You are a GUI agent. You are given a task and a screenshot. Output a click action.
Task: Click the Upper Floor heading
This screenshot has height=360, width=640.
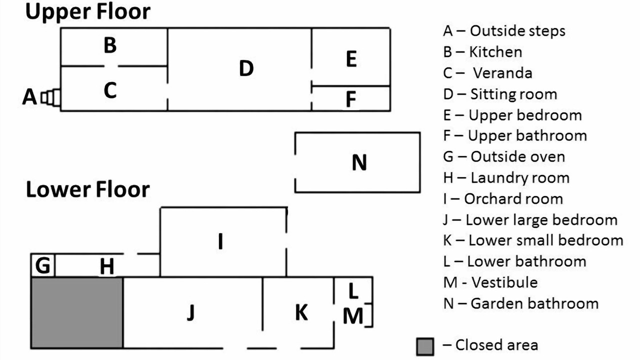click(87, 12)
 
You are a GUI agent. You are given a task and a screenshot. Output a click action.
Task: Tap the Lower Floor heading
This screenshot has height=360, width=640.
click(87, 189)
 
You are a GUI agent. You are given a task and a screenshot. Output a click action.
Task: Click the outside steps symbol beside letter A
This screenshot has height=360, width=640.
click(51, 97)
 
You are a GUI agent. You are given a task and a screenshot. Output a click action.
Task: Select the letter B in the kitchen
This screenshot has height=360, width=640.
click(110, 45)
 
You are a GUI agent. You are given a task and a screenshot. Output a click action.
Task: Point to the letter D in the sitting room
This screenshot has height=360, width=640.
click(246, 68)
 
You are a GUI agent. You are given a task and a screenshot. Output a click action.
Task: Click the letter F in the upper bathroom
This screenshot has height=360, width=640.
click(351, 99)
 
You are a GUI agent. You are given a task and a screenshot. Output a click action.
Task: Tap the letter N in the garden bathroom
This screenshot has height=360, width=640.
click(359, 162)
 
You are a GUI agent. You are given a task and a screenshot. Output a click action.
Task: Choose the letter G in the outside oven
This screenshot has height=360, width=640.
click(43, 265)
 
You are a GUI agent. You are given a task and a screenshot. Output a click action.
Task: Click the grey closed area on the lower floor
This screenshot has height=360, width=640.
click(77, 312)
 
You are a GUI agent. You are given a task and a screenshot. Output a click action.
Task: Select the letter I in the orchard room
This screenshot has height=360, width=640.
click(220, 242)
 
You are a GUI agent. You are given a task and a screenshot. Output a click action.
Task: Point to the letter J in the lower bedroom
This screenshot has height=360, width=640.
click(190, 312)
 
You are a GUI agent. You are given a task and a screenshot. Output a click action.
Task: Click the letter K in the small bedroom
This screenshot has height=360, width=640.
click(301, 312)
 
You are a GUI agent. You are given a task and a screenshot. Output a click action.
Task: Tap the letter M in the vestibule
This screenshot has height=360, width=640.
click(353, 316)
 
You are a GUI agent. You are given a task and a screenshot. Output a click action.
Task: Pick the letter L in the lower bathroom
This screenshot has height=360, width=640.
click(353, 290)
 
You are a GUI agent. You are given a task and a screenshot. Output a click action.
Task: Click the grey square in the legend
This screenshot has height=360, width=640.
click(425, 346)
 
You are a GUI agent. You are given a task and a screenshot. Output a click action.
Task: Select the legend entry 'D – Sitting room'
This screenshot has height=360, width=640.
click(499, 94)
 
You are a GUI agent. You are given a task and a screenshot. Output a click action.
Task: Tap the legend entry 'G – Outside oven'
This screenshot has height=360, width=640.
click(503, 156)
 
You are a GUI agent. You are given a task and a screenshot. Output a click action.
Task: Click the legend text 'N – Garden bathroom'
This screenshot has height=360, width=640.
click(520, 303)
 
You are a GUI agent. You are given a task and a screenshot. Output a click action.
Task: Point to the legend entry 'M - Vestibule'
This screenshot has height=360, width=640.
click(490, 282)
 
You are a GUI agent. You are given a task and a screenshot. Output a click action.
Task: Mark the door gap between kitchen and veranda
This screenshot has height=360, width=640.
click(111, 65)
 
